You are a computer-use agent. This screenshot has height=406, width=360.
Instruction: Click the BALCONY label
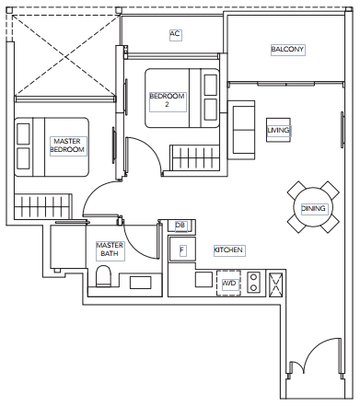(287, 49)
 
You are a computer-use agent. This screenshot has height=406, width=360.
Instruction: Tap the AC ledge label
(175, 33)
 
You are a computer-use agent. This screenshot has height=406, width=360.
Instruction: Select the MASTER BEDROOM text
(67, 145)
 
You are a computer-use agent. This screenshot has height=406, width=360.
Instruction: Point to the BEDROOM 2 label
(167, 100)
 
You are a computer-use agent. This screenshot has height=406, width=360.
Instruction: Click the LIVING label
(278, 130)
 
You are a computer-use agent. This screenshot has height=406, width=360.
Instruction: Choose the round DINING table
(313, 207)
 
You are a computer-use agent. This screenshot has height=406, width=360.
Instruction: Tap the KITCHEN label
(228, 250)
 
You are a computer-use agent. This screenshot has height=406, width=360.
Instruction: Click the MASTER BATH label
(110, 249)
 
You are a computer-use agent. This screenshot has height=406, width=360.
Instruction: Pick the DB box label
(180, 226)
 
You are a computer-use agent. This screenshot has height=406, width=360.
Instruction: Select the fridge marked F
(182, 249)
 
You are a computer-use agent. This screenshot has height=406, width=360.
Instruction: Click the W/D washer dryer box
(228, 283)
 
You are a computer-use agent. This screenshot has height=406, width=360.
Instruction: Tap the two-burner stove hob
(254, 283)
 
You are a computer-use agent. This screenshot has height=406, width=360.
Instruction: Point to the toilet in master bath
(103, 276)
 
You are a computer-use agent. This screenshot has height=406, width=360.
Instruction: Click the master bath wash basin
(141, 283)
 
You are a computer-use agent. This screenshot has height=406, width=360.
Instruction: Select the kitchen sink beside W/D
(203, 280)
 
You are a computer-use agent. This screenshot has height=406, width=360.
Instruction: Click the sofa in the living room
(241, 130)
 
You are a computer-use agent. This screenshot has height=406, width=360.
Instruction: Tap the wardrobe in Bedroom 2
(194, 157)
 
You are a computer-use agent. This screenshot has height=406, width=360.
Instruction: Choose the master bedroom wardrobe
(43, 206)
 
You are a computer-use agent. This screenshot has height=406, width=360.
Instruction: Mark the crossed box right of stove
(275, 285)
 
